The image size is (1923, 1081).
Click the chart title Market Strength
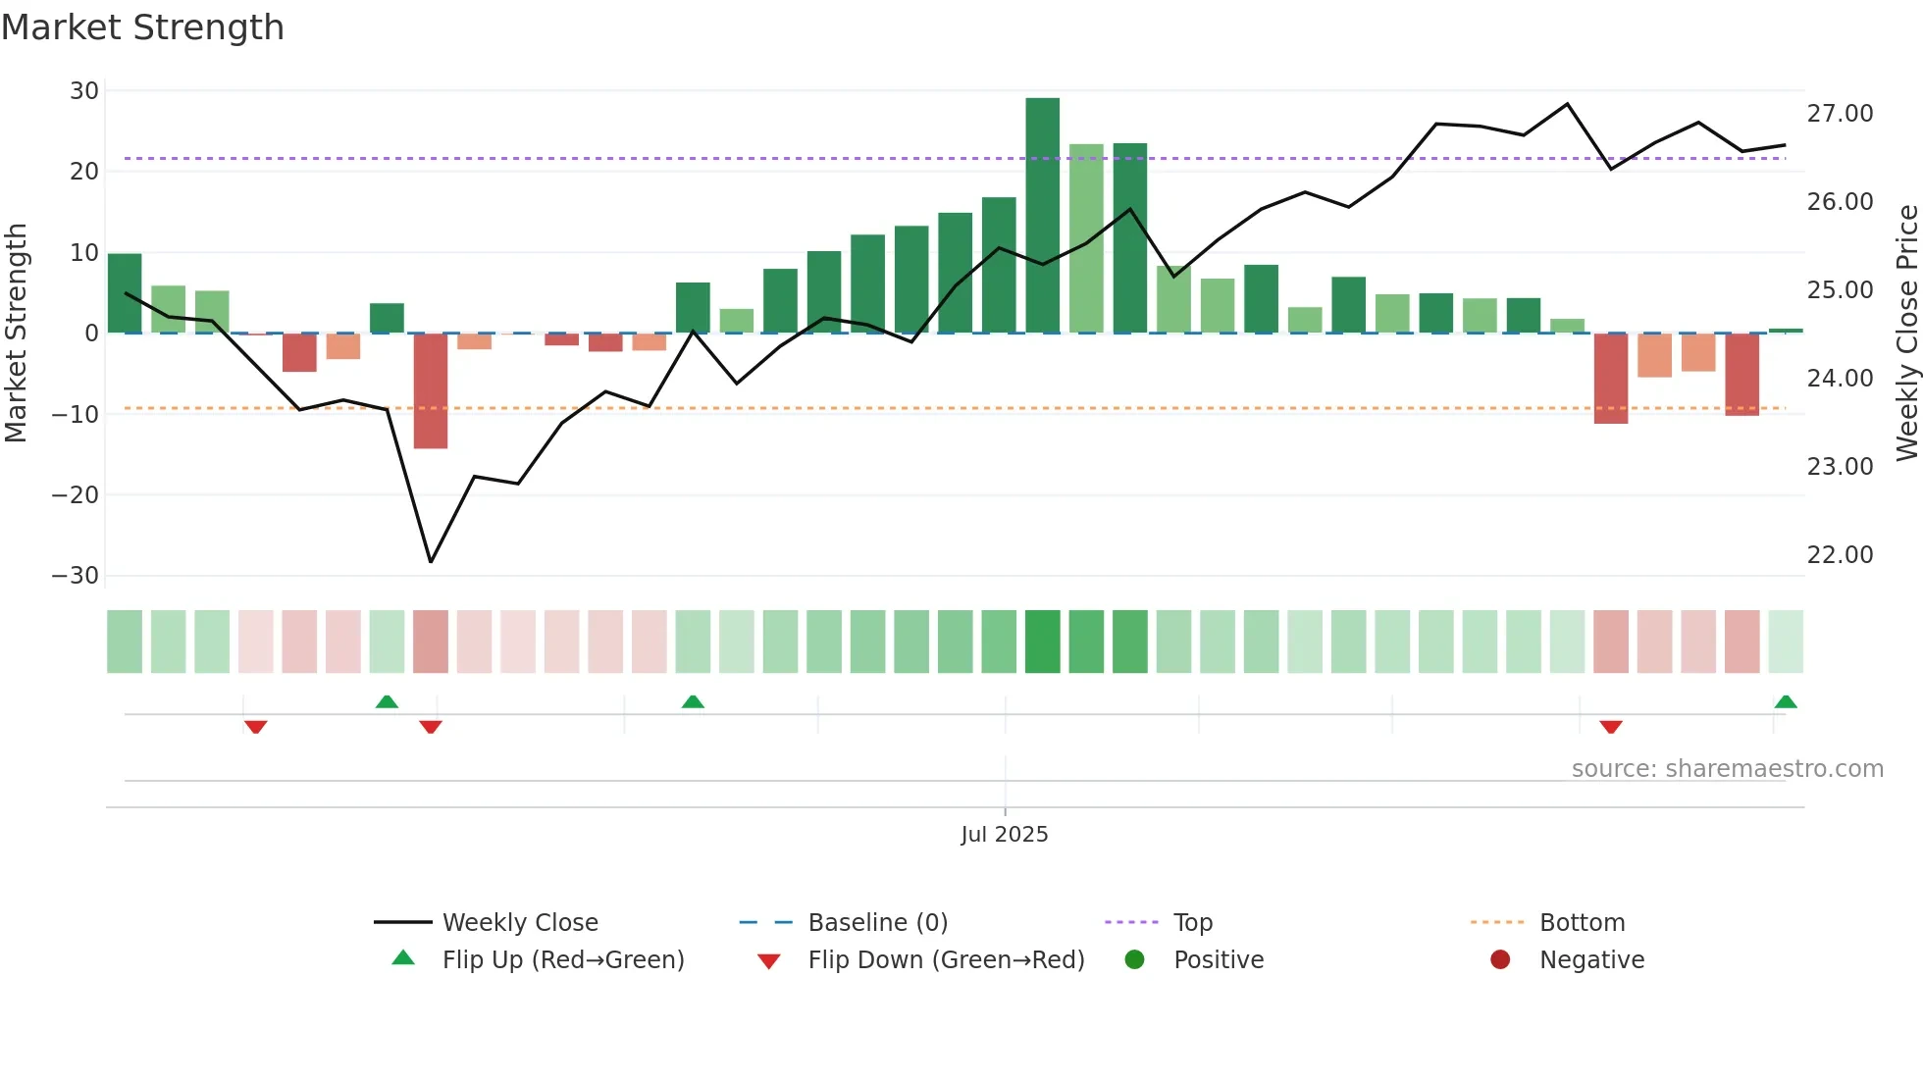[x=142, y=27]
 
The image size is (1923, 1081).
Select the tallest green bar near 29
[x=1042, y=216]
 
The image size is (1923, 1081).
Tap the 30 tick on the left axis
[x=84, y=91]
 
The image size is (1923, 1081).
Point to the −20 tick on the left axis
[x=77, y=495]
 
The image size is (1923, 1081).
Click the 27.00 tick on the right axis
[x=1840, y=114]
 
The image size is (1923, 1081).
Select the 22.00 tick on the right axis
[x=1840, y=555]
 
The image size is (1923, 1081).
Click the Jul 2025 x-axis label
[x=1004, y=835]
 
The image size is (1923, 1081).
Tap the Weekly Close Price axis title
[x=1906, y=334]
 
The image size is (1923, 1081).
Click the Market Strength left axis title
[x=17, y=334]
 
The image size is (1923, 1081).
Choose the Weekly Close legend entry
[x=519, y=923]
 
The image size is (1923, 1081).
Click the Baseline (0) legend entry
[x=877, y=923]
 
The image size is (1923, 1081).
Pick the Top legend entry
[x=1192, y=923]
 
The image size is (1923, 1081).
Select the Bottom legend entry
[x=1582, y=923]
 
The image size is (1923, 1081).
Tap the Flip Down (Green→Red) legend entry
[x=946, y=960]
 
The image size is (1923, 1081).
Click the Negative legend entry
[x=1591, y=960]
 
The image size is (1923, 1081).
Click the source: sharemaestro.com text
[x=1727, y=769]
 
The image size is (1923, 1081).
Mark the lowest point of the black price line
[x=431, y=561]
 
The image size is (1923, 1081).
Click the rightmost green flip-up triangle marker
[x=1786, y=702]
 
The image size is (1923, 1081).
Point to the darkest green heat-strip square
[x=1042, y=642]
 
